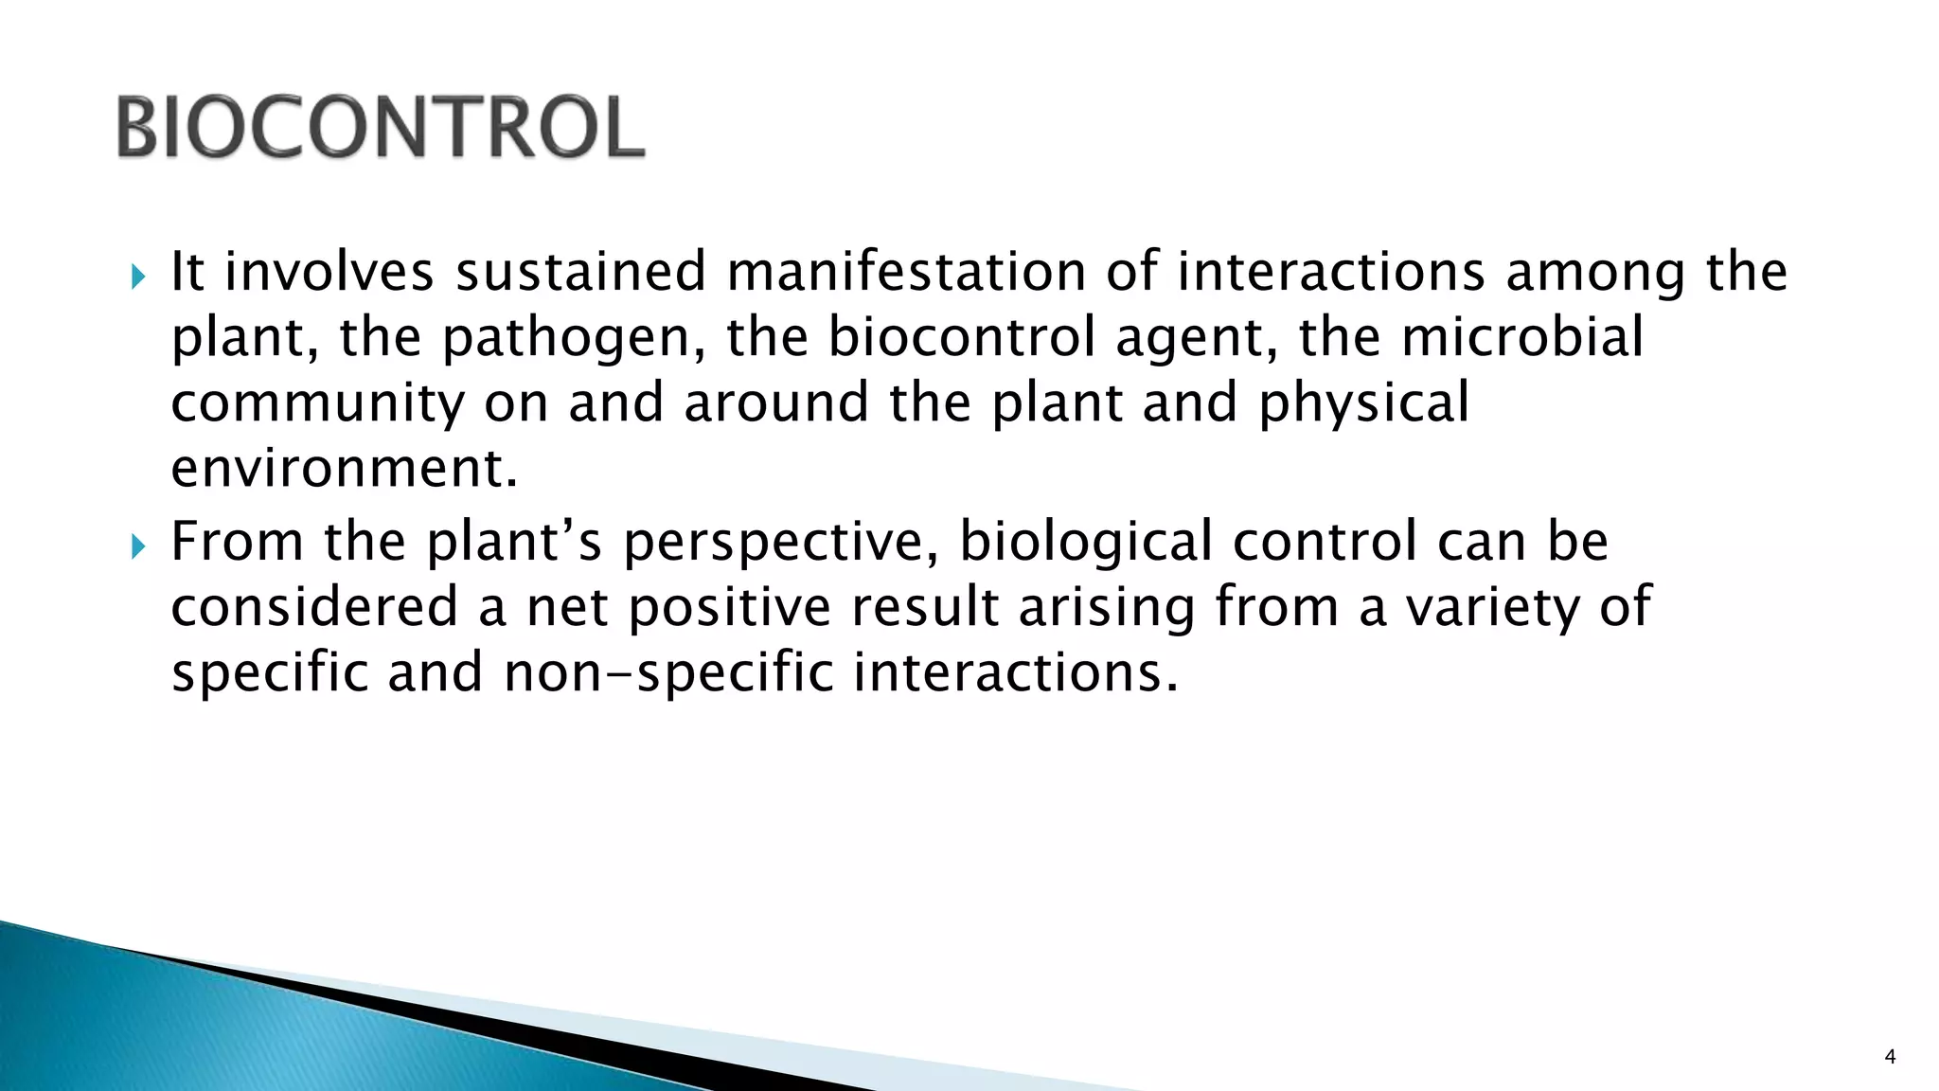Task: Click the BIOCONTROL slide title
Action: tap(381, 128)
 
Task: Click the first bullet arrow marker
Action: tap(138, 277)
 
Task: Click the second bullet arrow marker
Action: tap(138, 546)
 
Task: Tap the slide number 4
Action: tap(1890, 1057)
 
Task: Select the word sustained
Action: tap(580, 272)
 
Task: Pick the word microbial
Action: tap(1521, 337)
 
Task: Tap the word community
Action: tap(318, 403)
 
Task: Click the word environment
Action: tap(344, 468)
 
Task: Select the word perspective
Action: tap(780, 544)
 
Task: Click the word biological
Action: tap(1086, 544)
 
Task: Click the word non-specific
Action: tap(668, 673)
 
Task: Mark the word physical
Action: tap(1363, 403)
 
